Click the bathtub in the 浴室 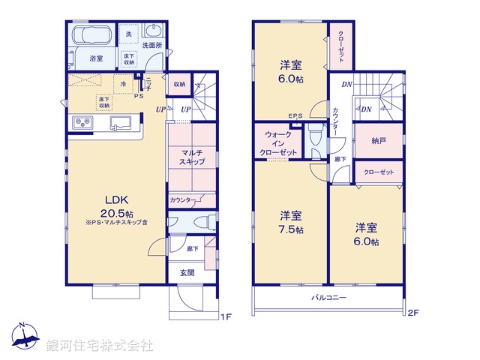click(x=91, y=35)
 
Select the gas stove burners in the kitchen click(x=81, y=123)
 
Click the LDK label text click(x=115, y=200)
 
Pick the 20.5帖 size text click(x=115, y=212)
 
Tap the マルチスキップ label click(x=188, y=157)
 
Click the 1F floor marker click(x=226, y=316)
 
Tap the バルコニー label click(x=329, y=298)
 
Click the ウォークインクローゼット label click(x=277, y=143)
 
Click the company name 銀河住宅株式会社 click(x=99, y=346)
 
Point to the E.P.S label click(x=295, y=115)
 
